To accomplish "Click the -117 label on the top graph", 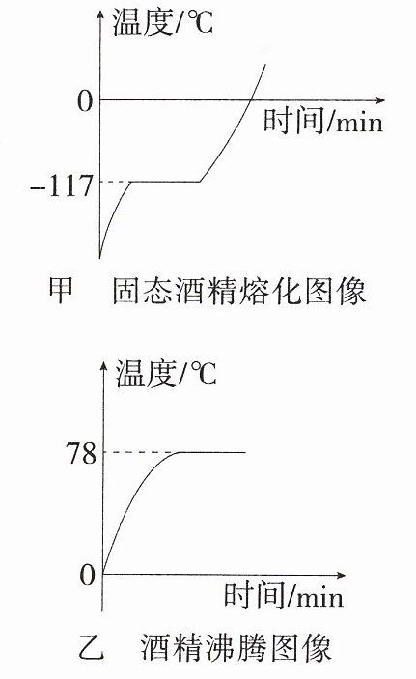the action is coord(62,186).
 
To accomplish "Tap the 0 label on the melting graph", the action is coord(85,101).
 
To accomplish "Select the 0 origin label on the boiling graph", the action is coord(88,575).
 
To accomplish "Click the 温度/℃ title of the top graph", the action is coord(163,21).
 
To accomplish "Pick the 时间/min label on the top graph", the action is coord(323,121).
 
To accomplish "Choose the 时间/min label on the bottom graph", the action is coord(284,595).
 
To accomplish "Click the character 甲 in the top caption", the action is coord(61,290).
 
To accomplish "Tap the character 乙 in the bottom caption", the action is coord(92,647).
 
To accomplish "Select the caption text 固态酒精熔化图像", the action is coord(239,291).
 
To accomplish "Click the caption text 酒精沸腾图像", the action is coord(236,647).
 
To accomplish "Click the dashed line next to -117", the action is coord(116,182).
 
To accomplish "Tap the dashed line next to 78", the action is coord(141,453).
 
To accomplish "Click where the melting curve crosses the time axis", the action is coord(250,100).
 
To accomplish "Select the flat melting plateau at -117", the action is coord(165,182).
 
